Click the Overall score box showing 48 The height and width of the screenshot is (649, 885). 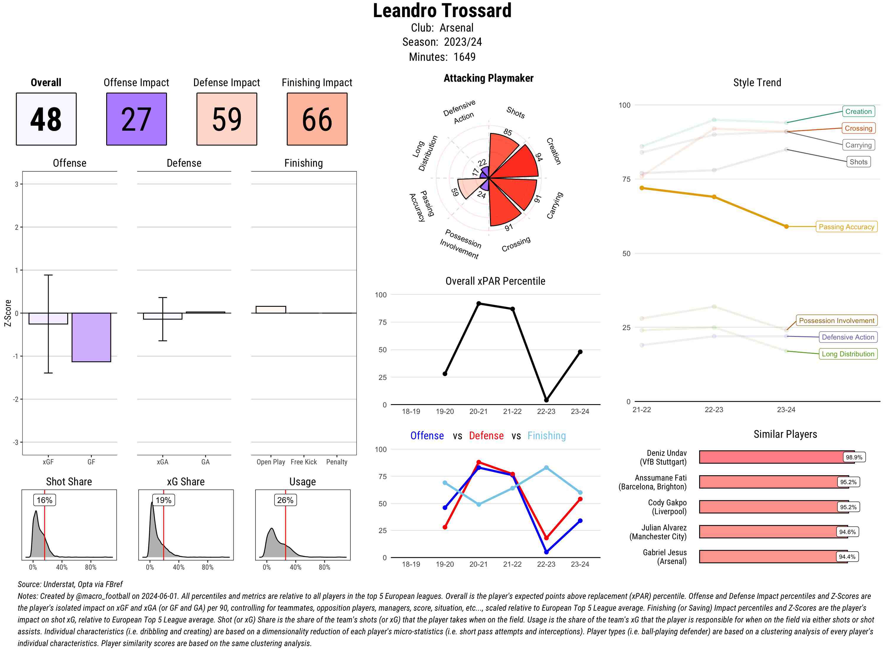(46, 119)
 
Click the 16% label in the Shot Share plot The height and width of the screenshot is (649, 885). (44, 500)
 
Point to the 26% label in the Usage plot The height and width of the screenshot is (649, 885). (285, 500)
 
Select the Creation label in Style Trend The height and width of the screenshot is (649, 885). (858, 112)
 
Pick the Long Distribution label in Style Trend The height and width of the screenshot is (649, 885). (848, 354)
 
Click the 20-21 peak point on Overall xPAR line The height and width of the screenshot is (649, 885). (478, 304)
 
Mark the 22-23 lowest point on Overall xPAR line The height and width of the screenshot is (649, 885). (546, 400)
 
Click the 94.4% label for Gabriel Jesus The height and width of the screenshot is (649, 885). (847, 557)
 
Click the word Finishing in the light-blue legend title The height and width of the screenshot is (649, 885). (546, 436)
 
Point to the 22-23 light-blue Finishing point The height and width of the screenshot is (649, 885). (546, 468)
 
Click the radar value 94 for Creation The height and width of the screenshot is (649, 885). (539, 157)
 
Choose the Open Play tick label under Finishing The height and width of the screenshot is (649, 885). (271, 462)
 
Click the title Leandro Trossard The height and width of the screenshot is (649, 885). (442, 11)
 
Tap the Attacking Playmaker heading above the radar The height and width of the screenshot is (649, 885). (488, 78)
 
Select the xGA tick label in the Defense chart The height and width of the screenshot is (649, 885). (162, 462)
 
